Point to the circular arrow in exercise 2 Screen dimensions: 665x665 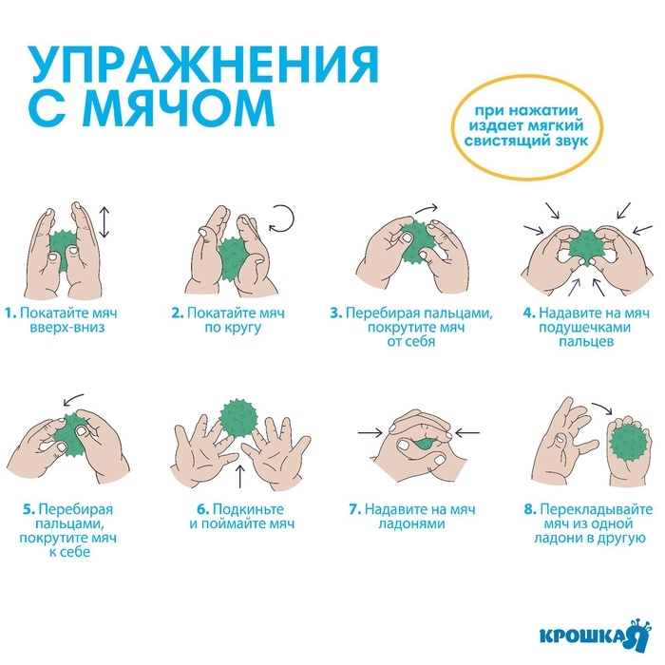[x=281, y=219]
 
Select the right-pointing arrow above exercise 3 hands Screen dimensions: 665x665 [x=427, y=209]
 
